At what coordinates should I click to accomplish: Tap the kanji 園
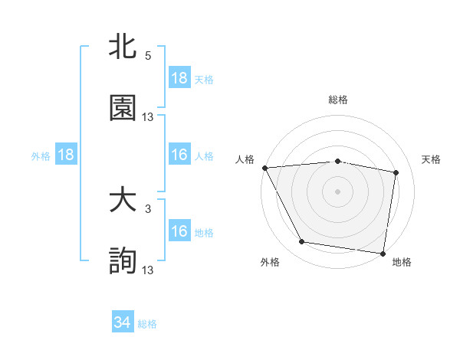[x=123, y=108]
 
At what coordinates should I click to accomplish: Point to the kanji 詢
[x=123, y=261]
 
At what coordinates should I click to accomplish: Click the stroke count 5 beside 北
[x=148, y=57]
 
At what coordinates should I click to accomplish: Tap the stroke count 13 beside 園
[x=148, y=117]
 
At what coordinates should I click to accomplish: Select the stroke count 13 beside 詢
[x=148, y=270]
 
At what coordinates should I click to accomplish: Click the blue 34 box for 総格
[x=123, y=322]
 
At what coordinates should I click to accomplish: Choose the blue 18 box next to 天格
[x=179, y=78]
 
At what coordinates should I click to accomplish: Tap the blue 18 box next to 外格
[x=66, y=155]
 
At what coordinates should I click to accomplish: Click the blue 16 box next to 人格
[x=179, y=155]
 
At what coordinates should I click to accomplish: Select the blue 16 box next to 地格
[x=179, y=231]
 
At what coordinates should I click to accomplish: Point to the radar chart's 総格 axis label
[x=338, y=100]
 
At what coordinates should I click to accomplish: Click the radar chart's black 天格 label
[x=432, y=159]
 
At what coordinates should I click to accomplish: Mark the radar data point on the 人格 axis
[x=264, y=168]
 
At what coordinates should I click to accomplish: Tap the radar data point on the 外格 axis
[x=302, y=242]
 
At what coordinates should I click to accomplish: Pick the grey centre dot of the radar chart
[x=338, y=191]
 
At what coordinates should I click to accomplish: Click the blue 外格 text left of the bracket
[x=41, y=155]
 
